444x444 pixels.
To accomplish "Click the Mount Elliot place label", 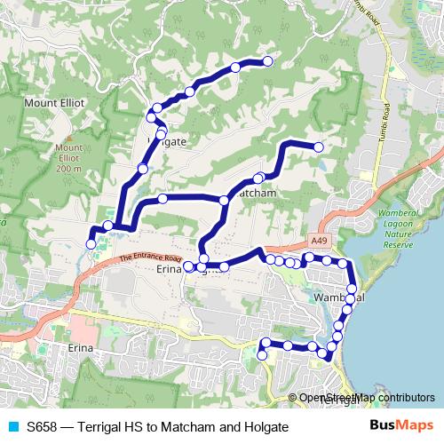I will point(54,102).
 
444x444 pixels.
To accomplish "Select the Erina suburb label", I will point(79,349).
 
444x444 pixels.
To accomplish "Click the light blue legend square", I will point(12,427).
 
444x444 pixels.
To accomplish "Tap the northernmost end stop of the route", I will point(267,60).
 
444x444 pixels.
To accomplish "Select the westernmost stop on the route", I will point(90,243).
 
